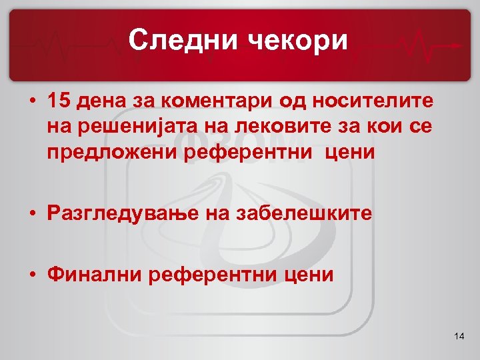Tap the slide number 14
coord(458,338)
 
